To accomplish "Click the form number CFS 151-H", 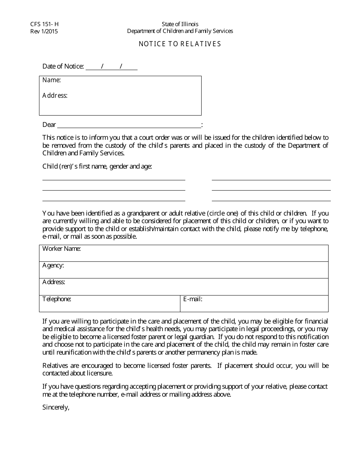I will pyautogui.click(x=44, y=24).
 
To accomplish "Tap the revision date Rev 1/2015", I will pyautogui.click(x=44, y=31).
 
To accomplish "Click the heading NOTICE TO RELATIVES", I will pyautogui.click(x=180, y=44).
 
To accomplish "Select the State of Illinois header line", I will pyautogui.click(x=180, y=24).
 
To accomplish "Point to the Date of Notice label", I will pyautogui.click(x=63, y=66).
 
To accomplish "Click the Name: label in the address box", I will pyautogui.click(x=52, y=80).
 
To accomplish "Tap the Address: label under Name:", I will pyautogui.click(x=55, y=95).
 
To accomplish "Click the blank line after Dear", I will pyautogui.click(x=129, y=125).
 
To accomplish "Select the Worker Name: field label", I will pyautogui.click(x=61, y=249).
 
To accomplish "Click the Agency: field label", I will pyautogui.click(x=53, y=266).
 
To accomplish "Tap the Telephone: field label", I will pyautogui.click(x=57, y=299).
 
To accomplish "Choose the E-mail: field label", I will pyautogui.click(x=193, y=299).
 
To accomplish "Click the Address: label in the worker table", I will pyautogui.click(x=54, y=282).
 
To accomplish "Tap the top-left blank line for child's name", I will pyautogui.click(x=114, y=180).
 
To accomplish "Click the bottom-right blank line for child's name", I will pyautogui.click(x=271, y=200).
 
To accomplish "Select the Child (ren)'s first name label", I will pyautogui.click(x=97, y=166).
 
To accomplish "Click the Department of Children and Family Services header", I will pyautogui.click(x=180, y=31).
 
